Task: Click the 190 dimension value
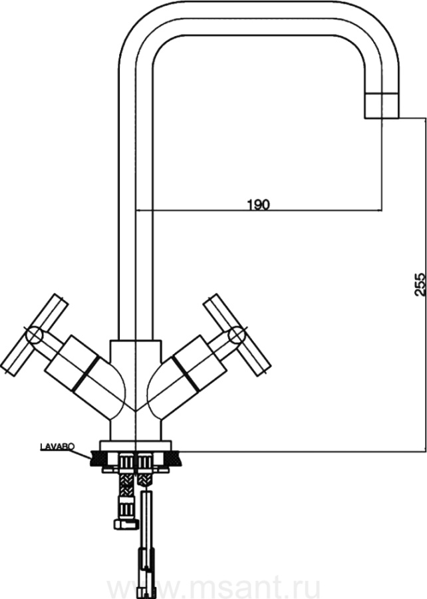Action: coord(258,205)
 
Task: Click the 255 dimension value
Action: coord(419,284)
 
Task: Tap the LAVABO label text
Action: coord(57,446)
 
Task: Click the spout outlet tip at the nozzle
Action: coord(382,118)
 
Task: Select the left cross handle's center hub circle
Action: coord(34,335)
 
